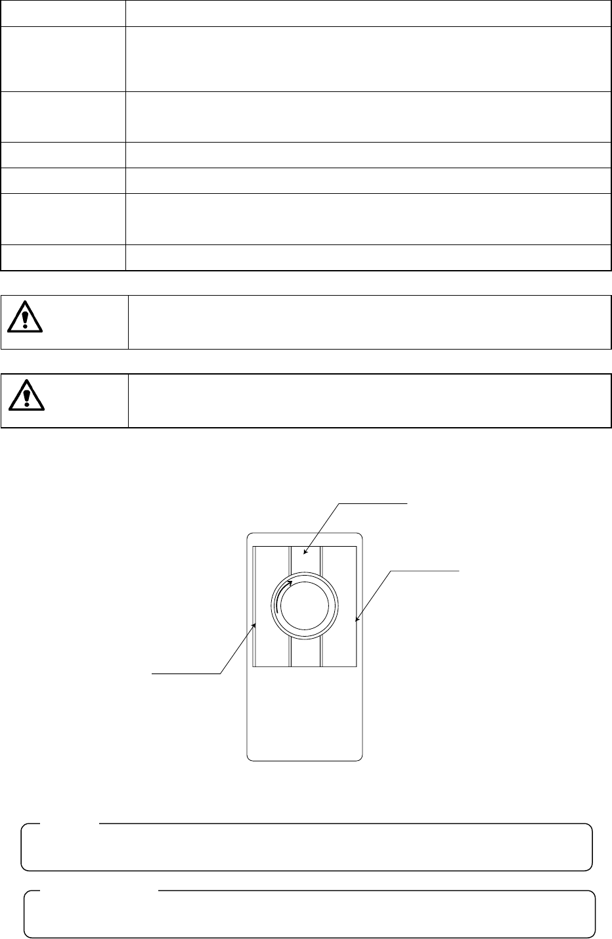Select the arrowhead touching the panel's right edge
point(357,619)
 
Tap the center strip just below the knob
point(305,653)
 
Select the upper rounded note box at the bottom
point(307,846)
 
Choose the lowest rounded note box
point(309,913)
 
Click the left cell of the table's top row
point(63,13)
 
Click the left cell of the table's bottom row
point(63,257)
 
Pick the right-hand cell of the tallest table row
point(365,58)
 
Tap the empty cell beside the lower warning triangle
point(369,401)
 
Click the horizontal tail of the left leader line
point(187,673)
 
